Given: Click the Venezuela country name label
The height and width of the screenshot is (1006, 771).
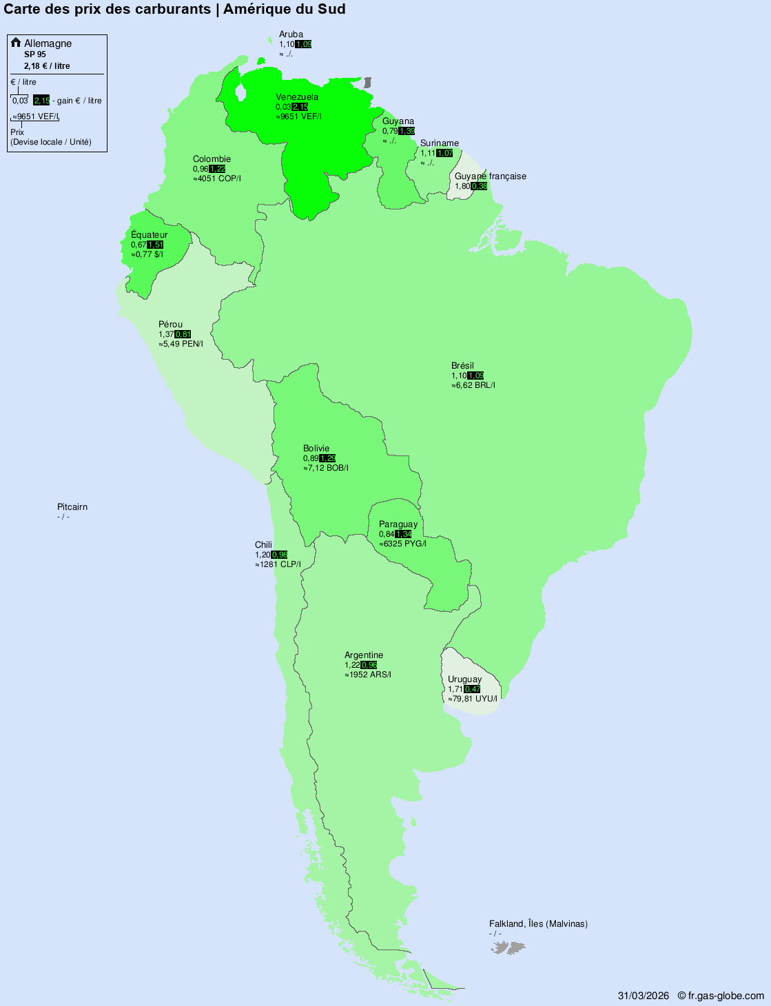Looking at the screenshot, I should pyautogui.click(x=297, y=97).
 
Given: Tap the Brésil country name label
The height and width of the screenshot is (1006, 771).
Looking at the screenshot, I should pyautogui.click(x=462, y=366).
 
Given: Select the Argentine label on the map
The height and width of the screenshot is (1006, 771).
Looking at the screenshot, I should pyautogui.click(x=364, y=655).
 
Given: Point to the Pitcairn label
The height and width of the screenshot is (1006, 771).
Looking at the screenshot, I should pyautogui.click(x=72, y=507).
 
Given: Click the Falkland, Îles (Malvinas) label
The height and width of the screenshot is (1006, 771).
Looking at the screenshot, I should pyautogui.click(x=538, y=924).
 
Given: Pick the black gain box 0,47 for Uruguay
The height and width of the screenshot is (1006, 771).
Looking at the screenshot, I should pyautogui.click(x=473, y=689).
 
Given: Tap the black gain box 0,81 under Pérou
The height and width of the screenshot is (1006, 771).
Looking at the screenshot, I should pyautogui.click(x=183, y=334).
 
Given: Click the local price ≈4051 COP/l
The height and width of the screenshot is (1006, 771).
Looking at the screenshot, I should pyautogui.click(x=217, y=178).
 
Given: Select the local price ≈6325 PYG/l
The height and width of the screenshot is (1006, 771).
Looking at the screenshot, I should pyautogui.click(x=402, y=544).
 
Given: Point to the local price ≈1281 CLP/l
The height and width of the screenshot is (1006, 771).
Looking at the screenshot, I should pyautogui.click(x=278, y=564).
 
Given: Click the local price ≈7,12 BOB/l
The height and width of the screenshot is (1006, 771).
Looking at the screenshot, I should pyautogui.click(x=326, y=468).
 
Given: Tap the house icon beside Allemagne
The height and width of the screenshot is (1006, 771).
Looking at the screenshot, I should pyautogui.click(x=16, y=43).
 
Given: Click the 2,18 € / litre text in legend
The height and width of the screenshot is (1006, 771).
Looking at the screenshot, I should pyautogui.click(x=47, y=66).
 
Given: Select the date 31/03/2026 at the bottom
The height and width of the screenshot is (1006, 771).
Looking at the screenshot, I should pyautogui.click(x=643, y=996).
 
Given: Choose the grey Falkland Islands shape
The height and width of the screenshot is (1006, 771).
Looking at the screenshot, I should pyautogui.click(x=508, y=948).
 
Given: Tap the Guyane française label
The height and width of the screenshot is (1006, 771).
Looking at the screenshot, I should pyautogui.click(x=490, y=176).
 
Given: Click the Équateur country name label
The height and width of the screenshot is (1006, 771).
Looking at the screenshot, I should pyautogui.click(x=149, y=235).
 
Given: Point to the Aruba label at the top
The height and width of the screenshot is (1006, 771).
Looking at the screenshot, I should pyautogui.click(x=291, y=34).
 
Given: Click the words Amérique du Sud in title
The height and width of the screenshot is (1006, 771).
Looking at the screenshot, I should pyautogui.click(x=284, y=9).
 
